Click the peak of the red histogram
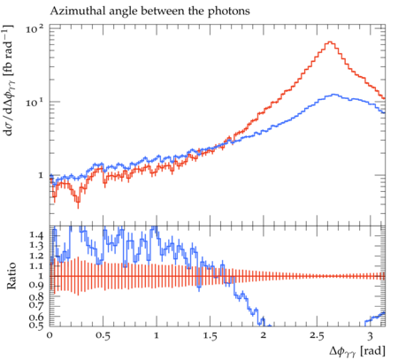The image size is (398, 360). tap(330, 42)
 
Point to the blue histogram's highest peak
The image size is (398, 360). tap(333, 95)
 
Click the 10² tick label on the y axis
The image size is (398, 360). tap(34, 28)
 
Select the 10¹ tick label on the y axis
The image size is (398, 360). tap(34, 102)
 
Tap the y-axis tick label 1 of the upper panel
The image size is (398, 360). tap(41, 175)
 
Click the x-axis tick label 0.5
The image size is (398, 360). tap(103, 335)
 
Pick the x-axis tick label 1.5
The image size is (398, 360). tap(210, 335)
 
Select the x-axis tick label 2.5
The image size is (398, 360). tap(317, 335)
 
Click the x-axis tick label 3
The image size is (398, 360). tap(370, 335)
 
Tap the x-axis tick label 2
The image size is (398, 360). tap(264, 335)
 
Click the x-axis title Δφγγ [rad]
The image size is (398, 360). tap(357, 351)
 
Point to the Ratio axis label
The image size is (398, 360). tap(11, 276)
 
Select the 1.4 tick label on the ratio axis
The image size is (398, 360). tap(36, 235)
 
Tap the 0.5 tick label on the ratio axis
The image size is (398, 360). tap(36, 326)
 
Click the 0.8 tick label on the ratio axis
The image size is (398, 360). tap(36, 296)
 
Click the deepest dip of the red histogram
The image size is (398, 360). tap(78, 202)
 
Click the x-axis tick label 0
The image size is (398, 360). tap(50, 335)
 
